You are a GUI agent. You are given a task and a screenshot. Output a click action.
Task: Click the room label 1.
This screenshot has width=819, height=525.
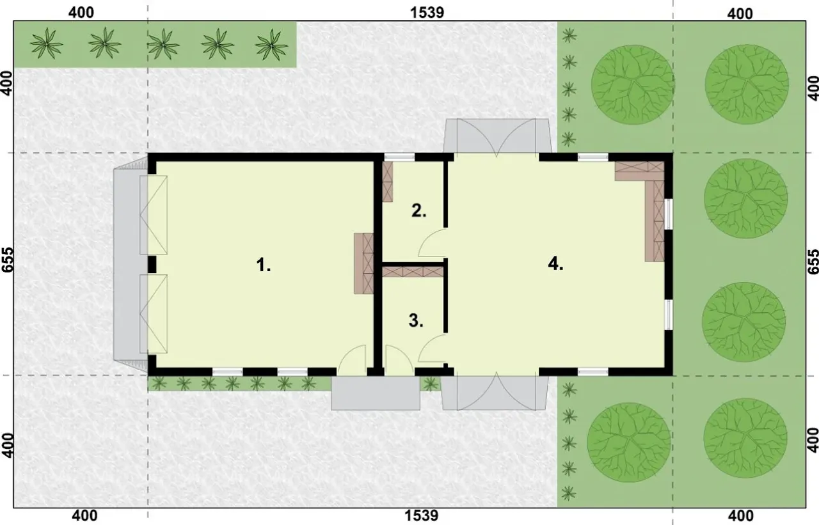coord(263,265)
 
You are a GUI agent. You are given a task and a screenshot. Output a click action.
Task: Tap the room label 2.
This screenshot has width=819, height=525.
coord(419,211)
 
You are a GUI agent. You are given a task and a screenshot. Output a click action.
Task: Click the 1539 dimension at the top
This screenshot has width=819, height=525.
coord(427,13)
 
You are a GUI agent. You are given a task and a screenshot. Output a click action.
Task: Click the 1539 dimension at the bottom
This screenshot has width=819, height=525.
coord(421,515)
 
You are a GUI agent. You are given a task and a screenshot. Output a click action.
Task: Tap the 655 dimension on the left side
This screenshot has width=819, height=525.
coord(7,260)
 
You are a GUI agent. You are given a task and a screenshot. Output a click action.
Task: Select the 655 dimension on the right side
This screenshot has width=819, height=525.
coord(813,262)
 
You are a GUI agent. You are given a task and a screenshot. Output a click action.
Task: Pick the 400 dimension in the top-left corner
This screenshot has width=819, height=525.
coord(81,13)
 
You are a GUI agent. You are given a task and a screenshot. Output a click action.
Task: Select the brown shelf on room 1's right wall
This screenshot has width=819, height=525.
coord(363,263)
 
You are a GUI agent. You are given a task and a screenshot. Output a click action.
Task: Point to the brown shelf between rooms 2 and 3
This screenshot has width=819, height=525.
coord(413,272)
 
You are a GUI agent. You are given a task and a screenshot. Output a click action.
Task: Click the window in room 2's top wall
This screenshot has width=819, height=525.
coord(399,157)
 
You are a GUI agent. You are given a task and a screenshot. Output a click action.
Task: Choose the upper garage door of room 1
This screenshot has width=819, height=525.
coord(154,215)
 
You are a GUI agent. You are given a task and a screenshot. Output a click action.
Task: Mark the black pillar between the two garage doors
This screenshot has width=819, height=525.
coord(152,265)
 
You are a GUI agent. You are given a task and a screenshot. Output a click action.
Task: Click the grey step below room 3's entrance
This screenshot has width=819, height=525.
coord(376,393)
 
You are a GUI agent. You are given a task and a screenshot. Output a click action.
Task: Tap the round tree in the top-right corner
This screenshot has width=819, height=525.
coord(746,84)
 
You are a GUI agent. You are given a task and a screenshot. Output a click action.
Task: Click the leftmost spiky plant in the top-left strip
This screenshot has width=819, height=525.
coord(47,43)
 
